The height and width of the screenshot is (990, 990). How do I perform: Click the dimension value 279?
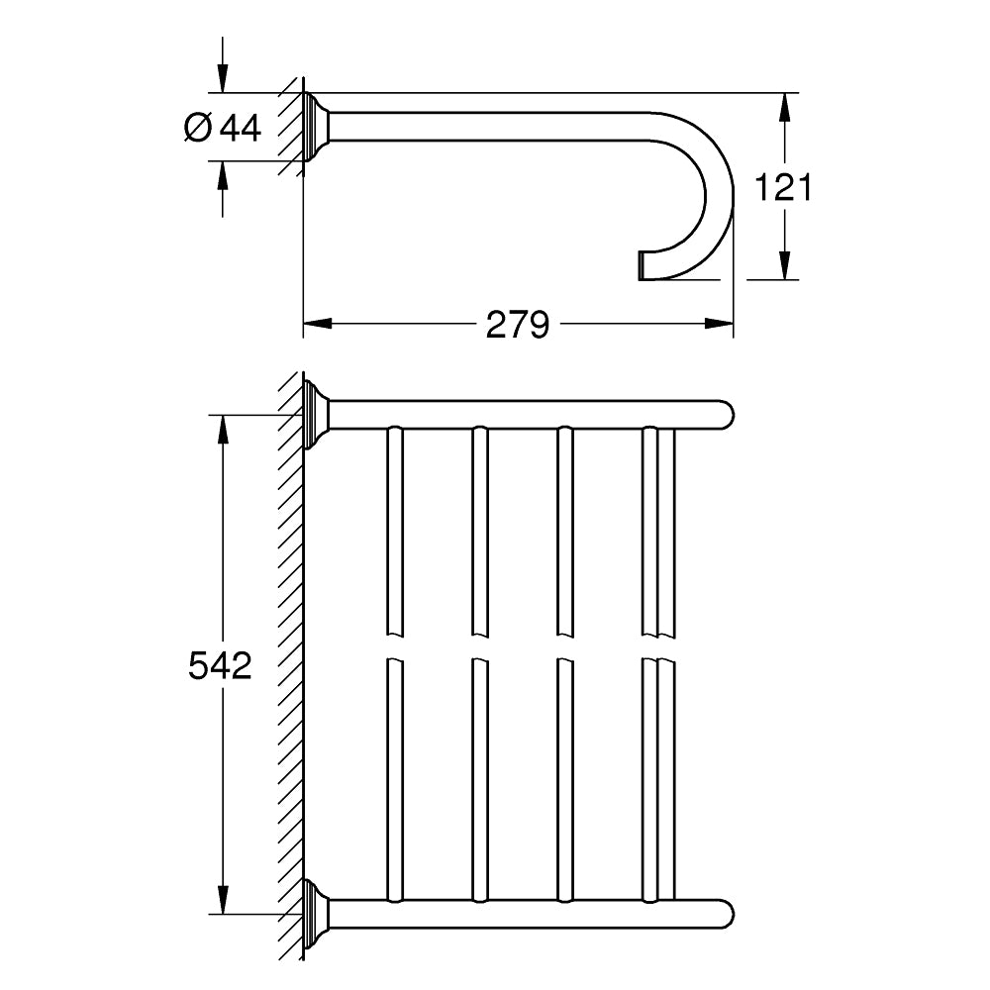pyautogui.click(x=517, y=324)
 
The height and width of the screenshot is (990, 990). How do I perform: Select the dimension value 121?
pyautogui.click(x=783, y=186)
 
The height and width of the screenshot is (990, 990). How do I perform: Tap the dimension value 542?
pyautogui.click(x=220, y=666)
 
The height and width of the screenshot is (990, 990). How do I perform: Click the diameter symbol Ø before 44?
pyautogui.click(x=198, y=127)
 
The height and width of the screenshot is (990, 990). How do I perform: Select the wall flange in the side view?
pyautogui.click(x=318, y=128)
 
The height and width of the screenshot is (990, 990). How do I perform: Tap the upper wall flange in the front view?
pyautogui.click(x=318, y=414)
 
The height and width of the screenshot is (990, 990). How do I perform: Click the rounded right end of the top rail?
pyautogui.click(x=725, y=414)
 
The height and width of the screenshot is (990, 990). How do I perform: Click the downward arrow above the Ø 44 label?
pyautogui.click(x=222, y=78)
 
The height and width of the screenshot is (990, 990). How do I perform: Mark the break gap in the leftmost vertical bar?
pyautogui.click(x=394, y=646)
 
